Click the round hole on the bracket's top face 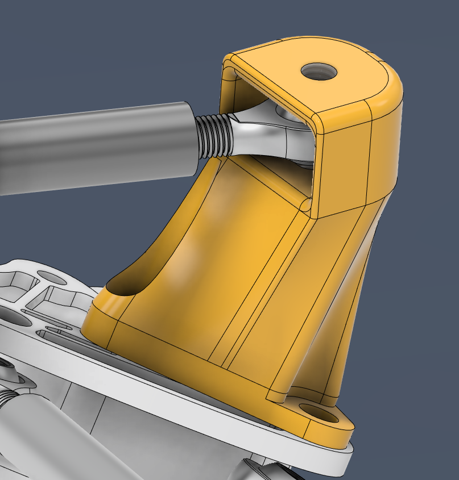(x=319, y=72)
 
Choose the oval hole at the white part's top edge (x=51, y=278)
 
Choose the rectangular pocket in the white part (x=63, y=295)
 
